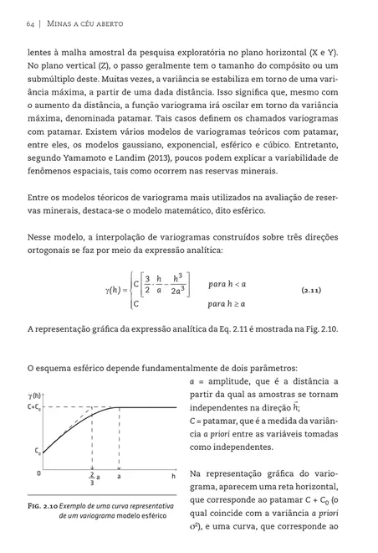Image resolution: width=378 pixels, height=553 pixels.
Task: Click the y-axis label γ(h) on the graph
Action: (x=36, y=393)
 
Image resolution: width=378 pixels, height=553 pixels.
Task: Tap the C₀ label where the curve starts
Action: (x=38, y=450)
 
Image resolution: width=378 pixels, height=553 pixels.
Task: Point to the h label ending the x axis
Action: (x=173, y=474)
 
